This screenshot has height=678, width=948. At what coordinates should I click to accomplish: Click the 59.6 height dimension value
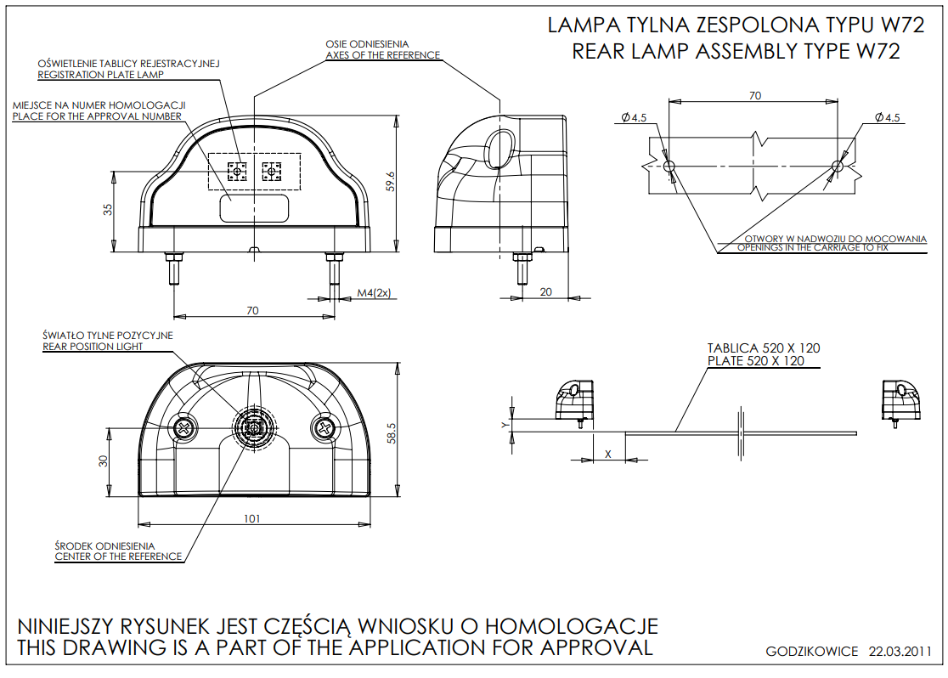point(391,181)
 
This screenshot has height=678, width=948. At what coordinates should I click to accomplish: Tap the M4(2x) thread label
point(373,292)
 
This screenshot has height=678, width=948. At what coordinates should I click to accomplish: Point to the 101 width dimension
point(251,518)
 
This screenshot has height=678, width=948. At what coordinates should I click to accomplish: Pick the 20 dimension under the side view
point(546,291)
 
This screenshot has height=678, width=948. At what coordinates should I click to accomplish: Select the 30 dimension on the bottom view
point(104,461)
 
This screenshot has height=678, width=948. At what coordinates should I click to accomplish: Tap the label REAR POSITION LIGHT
point(93,347)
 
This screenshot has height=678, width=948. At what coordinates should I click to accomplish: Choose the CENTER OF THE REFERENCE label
point(118,557)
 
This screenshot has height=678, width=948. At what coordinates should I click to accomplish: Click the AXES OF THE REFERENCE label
point(382,55)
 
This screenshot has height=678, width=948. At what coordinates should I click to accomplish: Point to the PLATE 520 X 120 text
point(755,361)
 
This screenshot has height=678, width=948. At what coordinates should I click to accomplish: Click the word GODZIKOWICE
point(811,653)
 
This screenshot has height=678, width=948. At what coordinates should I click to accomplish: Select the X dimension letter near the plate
point(607,454)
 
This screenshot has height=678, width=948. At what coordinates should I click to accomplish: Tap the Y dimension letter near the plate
point(505,423)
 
